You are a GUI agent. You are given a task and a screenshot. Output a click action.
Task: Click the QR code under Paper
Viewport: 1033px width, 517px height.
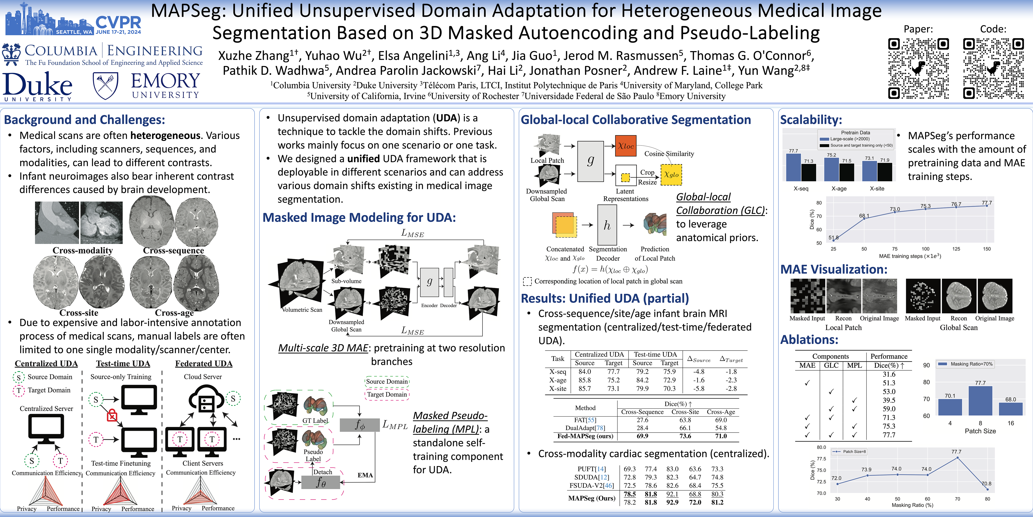coord(918,68)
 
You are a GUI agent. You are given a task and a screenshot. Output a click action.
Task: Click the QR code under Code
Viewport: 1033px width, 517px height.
coord(993,68)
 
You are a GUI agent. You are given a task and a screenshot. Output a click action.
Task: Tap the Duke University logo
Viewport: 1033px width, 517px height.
coord(38,86)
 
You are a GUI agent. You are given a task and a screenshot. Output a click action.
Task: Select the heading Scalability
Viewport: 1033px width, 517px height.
coord(811,120)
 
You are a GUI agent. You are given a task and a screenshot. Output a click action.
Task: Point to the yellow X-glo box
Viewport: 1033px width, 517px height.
coord(671,175)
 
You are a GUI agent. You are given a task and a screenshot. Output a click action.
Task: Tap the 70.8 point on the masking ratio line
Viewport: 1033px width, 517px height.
coord(987,489)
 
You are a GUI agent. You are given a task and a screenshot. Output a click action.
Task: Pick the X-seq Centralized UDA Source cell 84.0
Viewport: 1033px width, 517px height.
coord(585,372)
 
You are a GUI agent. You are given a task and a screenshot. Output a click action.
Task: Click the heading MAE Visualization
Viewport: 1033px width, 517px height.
coord(834,269)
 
